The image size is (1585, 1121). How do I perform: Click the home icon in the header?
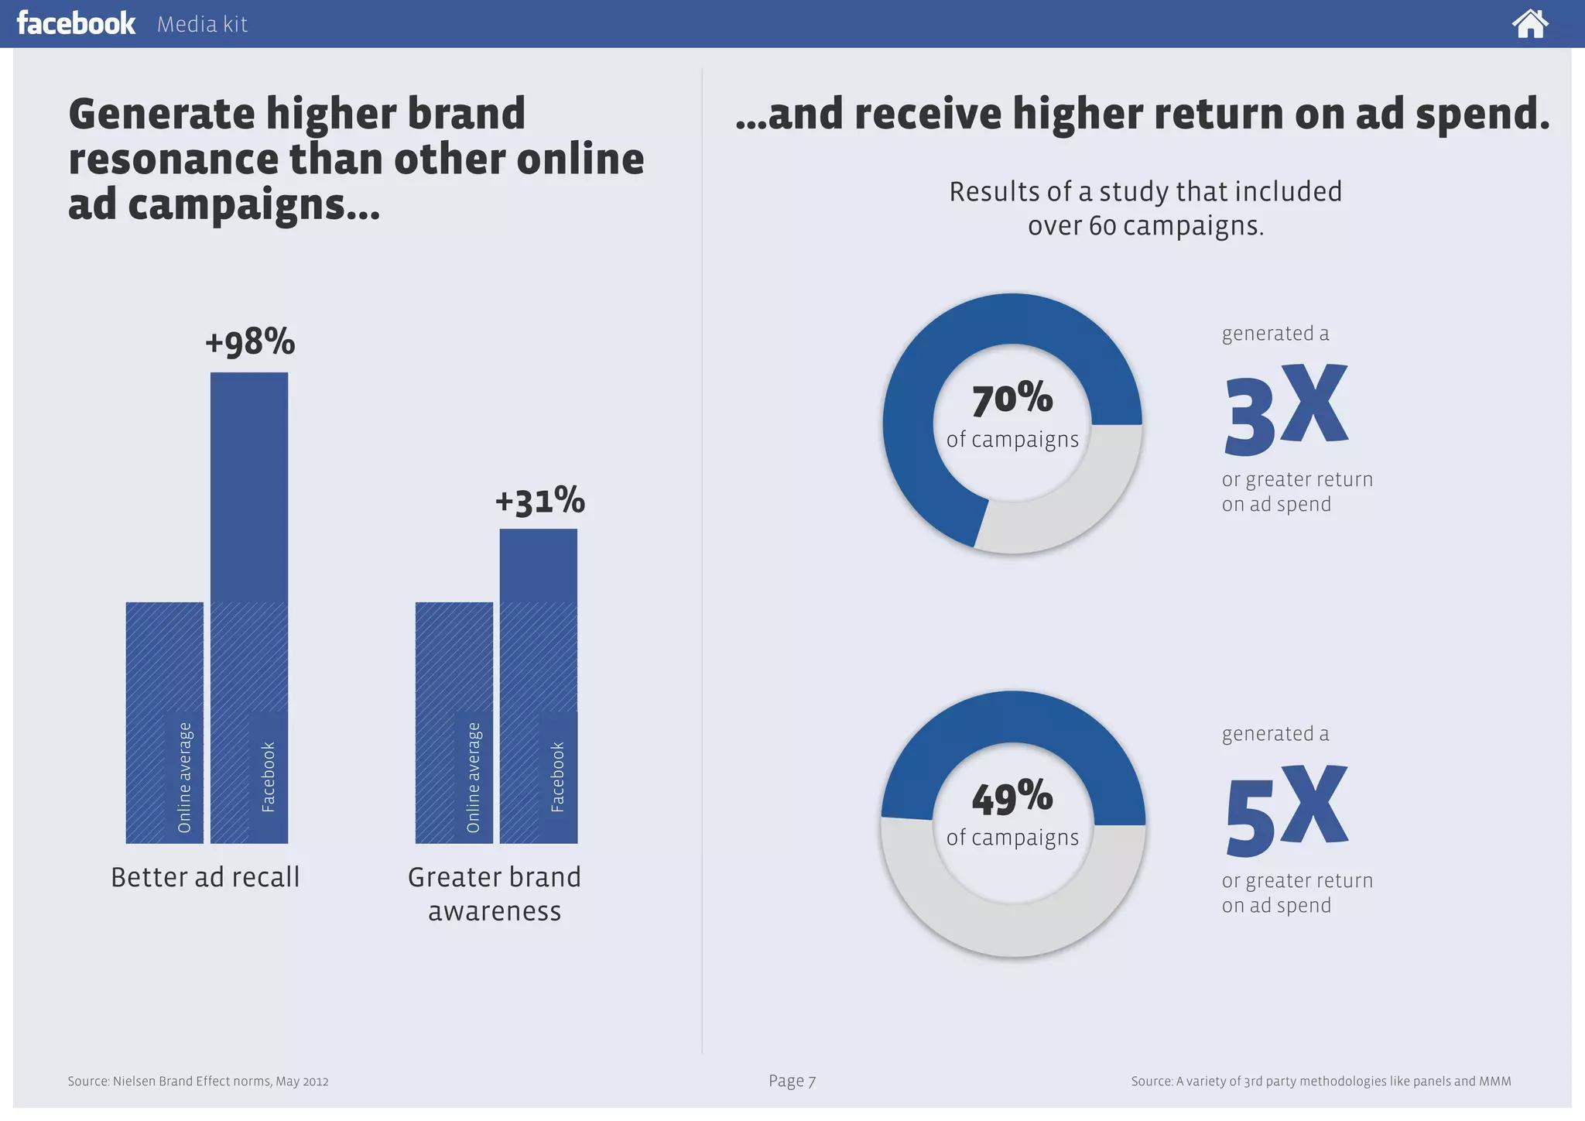tap(1530, 23)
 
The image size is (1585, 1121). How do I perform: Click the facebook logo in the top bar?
tap(76, 23)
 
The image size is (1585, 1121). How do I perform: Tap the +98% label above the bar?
tap(250, 341)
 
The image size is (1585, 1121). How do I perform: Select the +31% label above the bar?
tap(539, 500)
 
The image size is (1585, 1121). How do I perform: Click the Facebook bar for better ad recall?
tap(249, 608)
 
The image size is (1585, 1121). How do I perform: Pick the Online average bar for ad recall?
tap(165, 722)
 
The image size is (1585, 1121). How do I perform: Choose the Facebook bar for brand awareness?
tap(539, 686)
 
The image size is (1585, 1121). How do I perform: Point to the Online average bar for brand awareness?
tap(454, 722)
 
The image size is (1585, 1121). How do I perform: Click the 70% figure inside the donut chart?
tap(1012, 399)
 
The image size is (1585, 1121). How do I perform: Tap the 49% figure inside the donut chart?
tap(1012, 797)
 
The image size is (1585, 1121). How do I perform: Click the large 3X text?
tap(1285, 408)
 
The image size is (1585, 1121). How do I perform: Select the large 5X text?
tap(1285, 809)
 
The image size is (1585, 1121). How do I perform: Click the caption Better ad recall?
tap(205, 877)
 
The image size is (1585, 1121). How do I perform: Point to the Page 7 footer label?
tap(792, 1081)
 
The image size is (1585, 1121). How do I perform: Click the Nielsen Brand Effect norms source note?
tap(198, 1081)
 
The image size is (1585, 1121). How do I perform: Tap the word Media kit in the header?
tap(202, 25)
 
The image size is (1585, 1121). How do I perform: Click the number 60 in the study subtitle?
tap(1102, 226)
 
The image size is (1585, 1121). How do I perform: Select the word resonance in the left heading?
tap(173, 160)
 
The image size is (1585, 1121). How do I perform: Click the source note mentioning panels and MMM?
tap(1321, 1081)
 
